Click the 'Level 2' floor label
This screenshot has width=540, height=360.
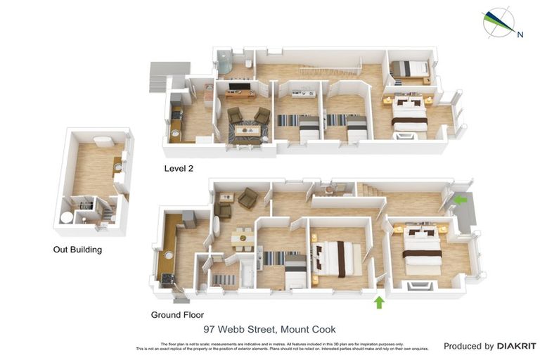[178, 168]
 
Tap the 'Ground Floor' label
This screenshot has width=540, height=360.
[177, 314]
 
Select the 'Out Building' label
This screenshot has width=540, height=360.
[77, 249]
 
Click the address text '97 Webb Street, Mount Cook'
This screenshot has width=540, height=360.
[269, 329]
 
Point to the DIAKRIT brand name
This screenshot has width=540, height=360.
[517, 346]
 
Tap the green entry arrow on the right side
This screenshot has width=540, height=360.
[460, 200]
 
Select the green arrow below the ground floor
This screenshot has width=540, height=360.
[379, 302]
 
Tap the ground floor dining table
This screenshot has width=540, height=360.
[242, 237]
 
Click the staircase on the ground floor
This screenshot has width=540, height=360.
[371, 189]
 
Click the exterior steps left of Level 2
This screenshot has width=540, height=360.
[160, 77]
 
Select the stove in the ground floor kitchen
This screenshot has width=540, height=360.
[167, 278]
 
